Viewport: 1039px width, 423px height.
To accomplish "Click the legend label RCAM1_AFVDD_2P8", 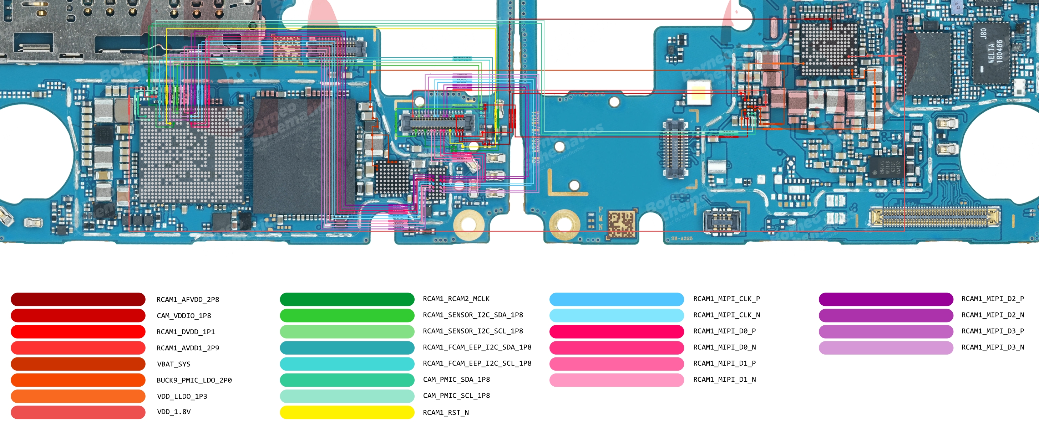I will (x=188, y=299).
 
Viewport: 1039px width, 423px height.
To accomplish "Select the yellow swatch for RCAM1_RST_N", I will (x=347, y=412).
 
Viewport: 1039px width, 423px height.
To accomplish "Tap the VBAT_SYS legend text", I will (x=173, y=364).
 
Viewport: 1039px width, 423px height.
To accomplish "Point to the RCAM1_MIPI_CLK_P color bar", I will (x=616, y=299).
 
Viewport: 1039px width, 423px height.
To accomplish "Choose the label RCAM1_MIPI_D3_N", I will (x=992, y=347).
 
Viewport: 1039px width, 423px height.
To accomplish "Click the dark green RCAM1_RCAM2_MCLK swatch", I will (x=347, y=299).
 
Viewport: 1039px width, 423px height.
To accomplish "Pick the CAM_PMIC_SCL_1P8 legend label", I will (x=456, y=395).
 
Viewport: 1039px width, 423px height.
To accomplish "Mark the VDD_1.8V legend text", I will (x=173, y=411).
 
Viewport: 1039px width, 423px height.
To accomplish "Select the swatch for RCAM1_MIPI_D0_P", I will (x=616, y=331).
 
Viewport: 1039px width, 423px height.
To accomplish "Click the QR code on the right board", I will (x=621, y=223).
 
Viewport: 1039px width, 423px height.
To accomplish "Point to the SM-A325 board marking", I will (x=681, y=238).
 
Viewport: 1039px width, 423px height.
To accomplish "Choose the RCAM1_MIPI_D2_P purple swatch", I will (x=885, y=299).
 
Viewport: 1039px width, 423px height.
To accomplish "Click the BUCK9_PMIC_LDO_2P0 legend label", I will (x=194, y=380).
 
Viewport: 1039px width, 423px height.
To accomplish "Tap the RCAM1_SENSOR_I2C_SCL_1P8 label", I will (x=473, y=331).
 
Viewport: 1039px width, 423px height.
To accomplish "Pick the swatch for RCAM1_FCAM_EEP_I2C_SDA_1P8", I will (x=347, y=347).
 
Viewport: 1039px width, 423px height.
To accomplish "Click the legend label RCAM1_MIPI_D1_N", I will (x=724, y=379).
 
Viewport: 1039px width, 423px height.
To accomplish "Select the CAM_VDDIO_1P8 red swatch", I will (x=78, y=315).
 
